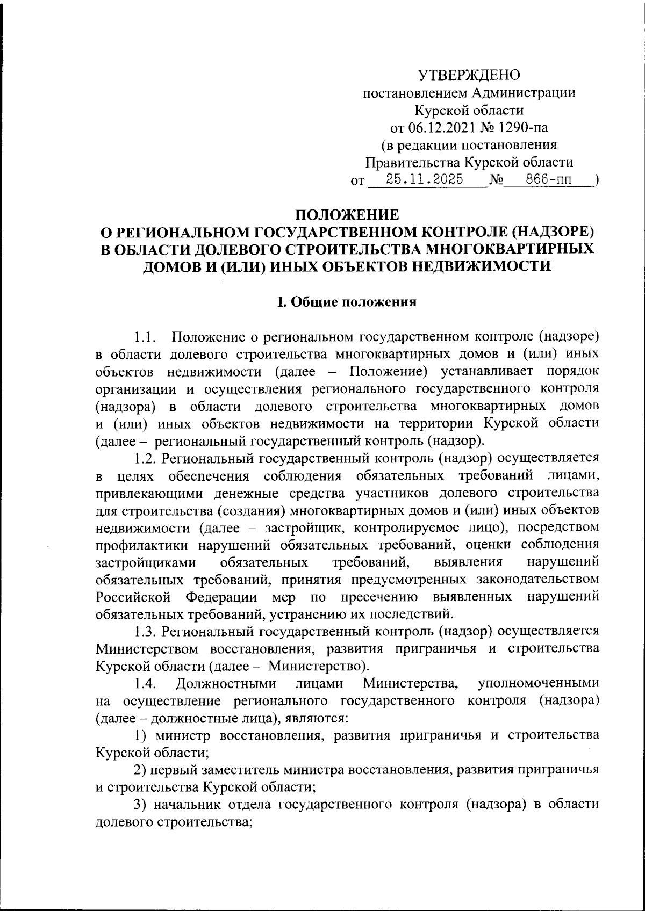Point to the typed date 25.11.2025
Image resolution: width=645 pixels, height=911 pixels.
[425, 179]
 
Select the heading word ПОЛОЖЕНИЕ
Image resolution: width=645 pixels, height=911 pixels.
[348, 215]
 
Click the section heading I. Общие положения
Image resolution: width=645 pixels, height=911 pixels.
[347, 302]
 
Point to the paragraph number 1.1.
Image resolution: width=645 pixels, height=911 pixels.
[145, 337]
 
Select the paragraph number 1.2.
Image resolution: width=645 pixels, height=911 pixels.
[145, 458]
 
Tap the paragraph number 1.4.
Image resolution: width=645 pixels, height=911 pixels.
[145, 683]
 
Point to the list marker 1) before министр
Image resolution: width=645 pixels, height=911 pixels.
[140, 735]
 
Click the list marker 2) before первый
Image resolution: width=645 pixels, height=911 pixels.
[140, 770]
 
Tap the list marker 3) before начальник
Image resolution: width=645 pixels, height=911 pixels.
[140, 805]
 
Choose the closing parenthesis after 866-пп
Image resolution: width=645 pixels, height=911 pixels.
[597, 180]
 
